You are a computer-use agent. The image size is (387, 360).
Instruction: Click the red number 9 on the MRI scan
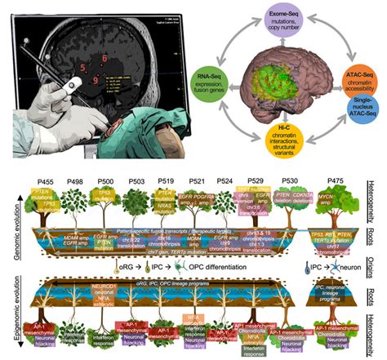[97, 81]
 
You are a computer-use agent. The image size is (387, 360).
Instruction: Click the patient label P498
[76, 175]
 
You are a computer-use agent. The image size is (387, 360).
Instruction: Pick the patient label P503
[137, 175]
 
